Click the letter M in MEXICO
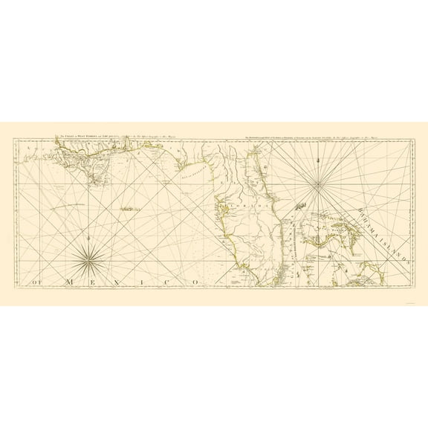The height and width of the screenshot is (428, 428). coord(69,282)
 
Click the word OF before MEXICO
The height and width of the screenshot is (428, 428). coord(36,282)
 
